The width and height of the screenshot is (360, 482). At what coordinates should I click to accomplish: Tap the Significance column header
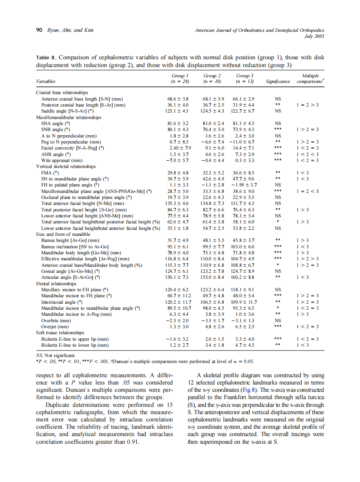[x=278, y=81]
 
